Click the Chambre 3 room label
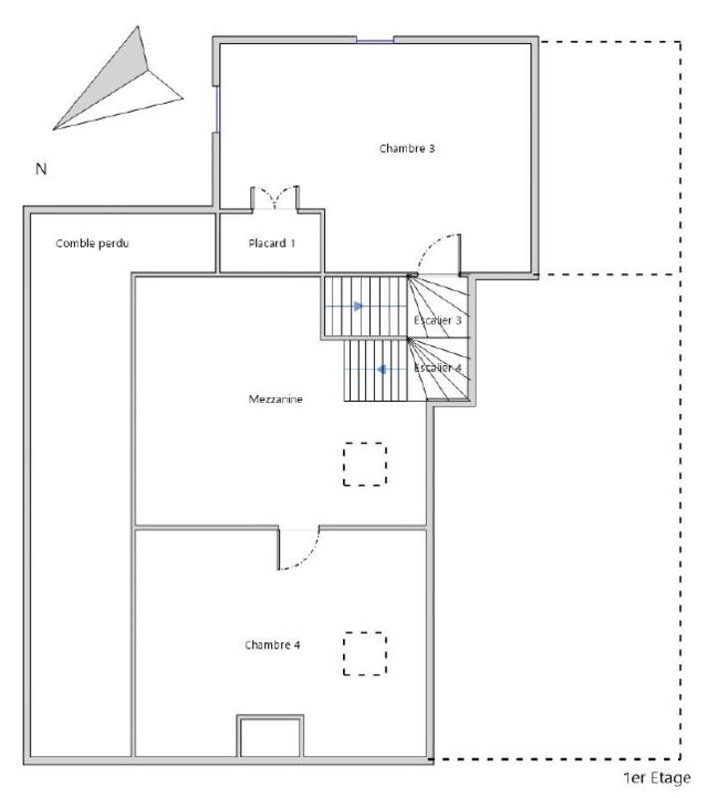[x=407, y=149]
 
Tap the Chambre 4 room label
[x=272, y=644]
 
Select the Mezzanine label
[x=275, y=399]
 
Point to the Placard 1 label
[x=271, y=243]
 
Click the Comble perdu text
[x=93, y=243]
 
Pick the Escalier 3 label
[x=438, y=320]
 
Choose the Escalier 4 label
[x=438, y=368]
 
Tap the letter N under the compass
[x=41, y=170]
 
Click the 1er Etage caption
[x=656, y=778]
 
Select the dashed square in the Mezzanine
[x=365, y=464]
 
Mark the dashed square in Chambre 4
[x=365, y=653]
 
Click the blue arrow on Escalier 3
[x=358, y=306]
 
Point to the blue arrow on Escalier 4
[x=381, y=369]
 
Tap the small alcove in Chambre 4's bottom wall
[x=269, y=738]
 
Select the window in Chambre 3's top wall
[x=375, y=41]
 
